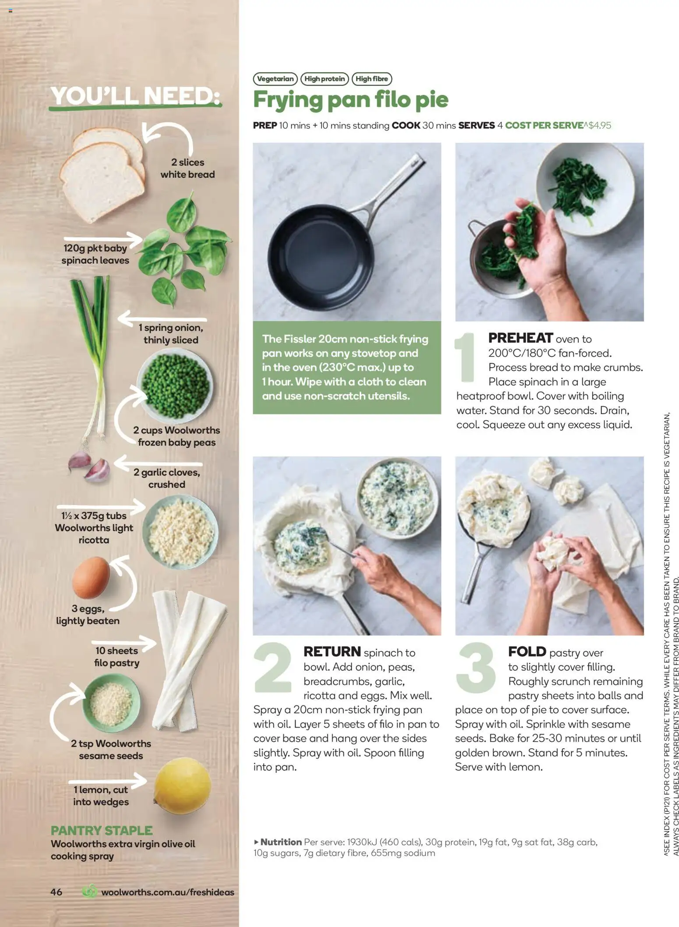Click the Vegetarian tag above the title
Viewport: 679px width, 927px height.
click(x=275, y=79)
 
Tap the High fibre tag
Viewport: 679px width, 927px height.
click(x=371, y=79)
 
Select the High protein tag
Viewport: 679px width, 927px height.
click(x=325, y=79)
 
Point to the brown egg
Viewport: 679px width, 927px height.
click(x=91, y=577)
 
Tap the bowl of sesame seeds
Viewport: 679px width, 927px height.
click(x=111, y=702)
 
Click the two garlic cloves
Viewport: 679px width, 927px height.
click(x=89, y=466)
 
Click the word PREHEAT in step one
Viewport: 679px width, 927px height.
click(x=520, y=338)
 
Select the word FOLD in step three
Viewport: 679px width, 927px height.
click(x=527, y=651)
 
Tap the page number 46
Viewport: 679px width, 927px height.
click(x=57, y=892)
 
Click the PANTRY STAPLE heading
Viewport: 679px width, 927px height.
click(x=102, y=830)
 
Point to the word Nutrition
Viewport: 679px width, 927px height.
click(x=281, y=842)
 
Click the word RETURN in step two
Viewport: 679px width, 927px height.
click(x=332, y=651)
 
